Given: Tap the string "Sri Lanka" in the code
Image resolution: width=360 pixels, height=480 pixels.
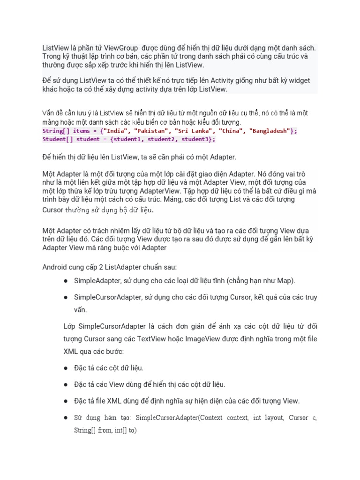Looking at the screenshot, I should pyautogui.click(x=192, y=131).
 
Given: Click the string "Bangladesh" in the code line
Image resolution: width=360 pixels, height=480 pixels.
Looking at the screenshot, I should pyautogui.click(x=269, y=131).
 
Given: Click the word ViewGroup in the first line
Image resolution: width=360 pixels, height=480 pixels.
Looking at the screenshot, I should pyautogui.click(x=120, y=48).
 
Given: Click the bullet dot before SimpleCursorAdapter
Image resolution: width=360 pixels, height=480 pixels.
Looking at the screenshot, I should pyautogui.click(x=66, y=297).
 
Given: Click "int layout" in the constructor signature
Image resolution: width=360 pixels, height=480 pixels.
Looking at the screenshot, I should pyautogui.click(x=268, y=418).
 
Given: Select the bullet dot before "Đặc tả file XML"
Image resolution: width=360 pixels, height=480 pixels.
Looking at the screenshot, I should pyautogui.click(x=66, y=401).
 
